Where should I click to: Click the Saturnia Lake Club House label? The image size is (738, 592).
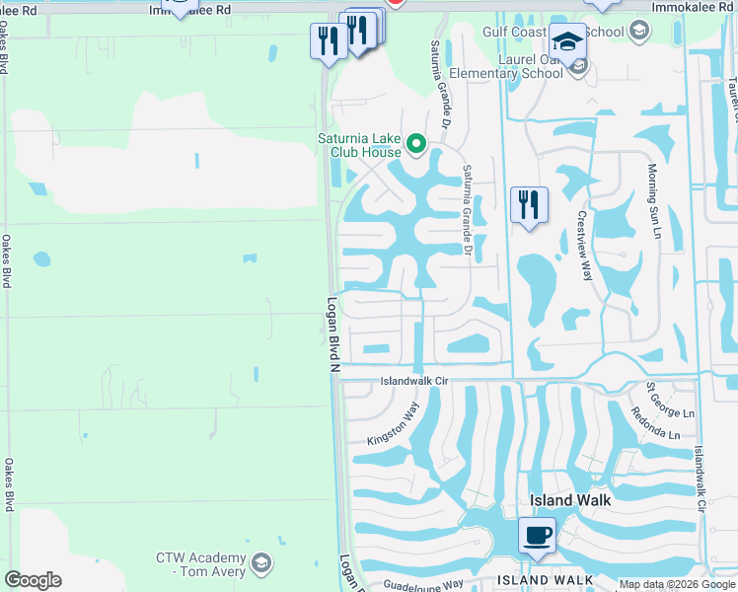click(359, 145)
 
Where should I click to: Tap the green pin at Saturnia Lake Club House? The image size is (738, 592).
click(416, 146)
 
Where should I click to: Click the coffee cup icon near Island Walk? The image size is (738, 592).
click(536, 535)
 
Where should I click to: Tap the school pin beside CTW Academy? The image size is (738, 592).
click(260, 563)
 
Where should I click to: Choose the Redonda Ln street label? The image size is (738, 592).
click(657, 422)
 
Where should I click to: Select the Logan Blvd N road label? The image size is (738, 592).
click(332, 335)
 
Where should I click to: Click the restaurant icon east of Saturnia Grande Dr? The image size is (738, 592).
click(528, 204)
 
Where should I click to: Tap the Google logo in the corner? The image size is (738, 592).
click(33, 580)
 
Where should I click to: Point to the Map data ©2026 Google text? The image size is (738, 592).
click(677, 584)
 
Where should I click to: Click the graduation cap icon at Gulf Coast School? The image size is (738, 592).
click(567, 41)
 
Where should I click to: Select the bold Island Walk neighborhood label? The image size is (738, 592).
click(570, 500)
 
